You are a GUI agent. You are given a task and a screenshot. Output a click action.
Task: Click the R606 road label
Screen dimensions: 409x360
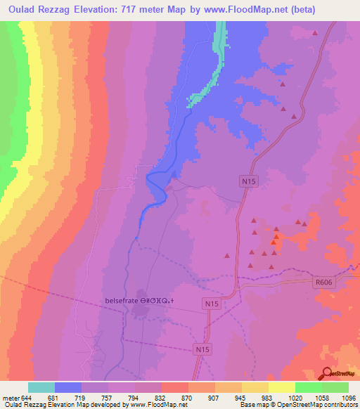click(x=322, y=281)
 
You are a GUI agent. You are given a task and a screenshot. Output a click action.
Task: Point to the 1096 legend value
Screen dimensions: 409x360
click(x=349, y=398)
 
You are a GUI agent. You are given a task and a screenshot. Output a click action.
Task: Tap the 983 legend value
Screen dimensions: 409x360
click(x=269, y=398)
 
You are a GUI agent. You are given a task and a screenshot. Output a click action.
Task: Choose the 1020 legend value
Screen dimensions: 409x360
click(x=295, y=398)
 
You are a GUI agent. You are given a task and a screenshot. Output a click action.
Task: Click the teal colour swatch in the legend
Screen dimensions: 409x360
click(x=41, y=387)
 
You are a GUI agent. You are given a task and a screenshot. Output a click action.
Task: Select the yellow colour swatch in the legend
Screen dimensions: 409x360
click(x=281, y=387)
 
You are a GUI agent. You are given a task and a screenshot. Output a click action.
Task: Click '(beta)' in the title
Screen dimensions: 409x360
click(x=281, y=10)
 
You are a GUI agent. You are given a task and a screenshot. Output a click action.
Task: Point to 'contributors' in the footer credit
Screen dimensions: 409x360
click(x=342, y=405)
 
